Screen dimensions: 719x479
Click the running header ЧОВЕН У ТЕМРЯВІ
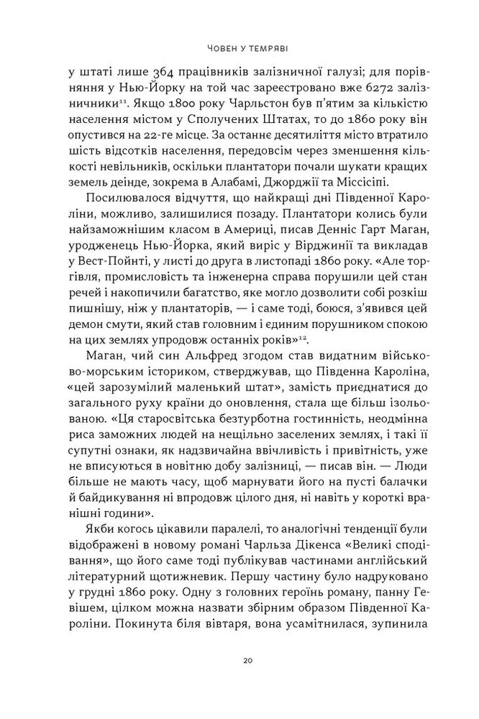coord(240,49)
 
